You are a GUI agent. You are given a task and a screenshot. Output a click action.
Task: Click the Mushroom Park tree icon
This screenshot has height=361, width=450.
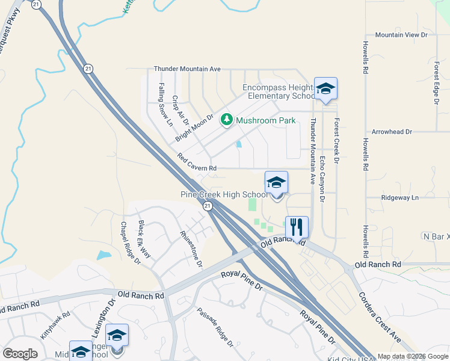tap(227, 120)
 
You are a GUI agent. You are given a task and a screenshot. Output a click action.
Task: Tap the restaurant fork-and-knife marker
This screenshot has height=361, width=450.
tap(297, 227)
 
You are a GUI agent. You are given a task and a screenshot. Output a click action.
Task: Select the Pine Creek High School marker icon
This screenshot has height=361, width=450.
tap(276, 182)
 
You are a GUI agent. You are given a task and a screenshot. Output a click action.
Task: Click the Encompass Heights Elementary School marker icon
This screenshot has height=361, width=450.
tap(325, 89)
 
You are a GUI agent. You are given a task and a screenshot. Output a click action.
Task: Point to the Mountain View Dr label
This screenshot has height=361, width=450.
tap(401, 35)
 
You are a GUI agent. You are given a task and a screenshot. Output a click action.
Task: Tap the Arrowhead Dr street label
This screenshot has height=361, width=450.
tap(392, 131)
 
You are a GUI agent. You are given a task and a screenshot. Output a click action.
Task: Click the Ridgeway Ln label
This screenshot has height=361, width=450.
tap(399, 197)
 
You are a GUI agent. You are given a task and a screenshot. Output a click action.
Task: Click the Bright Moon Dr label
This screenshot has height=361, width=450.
tap(194, 128)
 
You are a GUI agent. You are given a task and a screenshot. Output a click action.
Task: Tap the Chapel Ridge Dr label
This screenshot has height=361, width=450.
tap(130, 243)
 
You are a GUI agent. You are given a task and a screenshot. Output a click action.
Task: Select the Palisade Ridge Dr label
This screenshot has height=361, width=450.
tap(215, 327)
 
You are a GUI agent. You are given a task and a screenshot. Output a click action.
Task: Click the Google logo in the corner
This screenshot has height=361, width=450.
tap(20, 354)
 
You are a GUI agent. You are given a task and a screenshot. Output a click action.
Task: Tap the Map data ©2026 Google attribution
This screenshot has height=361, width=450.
tap(413, 356)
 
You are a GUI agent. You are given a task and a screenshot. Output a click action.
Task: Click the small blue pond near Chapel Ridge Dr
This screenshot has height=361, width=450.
tap(103, 255)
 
